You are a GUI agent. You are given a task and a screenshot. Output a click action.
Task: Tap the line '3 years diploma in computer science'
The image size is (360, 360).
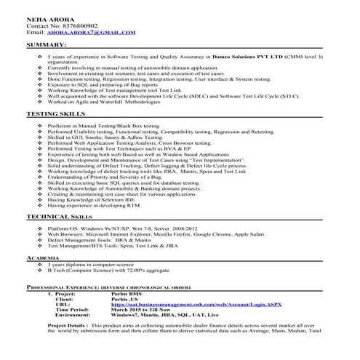click(x=90, y=265)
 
